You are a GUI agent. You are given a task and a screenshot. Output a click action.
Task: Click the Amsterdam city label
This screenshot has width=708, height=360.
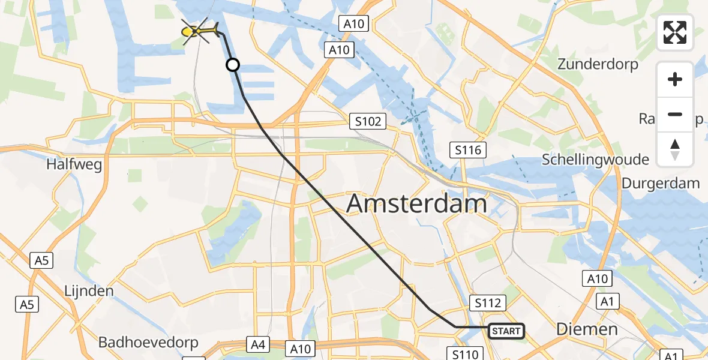click(416, 204)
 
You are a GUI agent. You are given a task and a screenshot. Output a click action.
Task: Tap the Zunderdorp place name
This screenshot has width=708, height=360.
click(598, 64)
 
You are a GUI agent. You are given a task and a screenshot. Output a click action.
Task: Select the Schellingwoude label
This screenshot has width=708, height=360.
click(595, 160)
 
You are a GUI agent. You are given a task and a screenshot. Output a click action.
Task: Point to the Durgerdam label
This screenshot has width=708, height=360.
click(661, 183)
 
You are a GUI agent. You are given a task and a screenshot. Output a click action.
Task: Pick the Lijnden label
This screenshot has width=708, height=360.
click(89, 291)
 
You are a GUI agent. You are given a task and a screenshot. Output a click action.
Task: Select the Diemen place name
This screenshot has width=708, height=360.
click(586, 329)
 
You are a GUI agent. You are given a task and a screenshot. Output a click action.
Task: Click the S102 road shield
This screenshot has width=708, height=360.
click(367, 122)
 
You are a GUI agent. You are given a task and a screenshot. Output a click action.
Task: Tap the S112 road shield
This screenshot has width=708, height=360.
click(488, 304)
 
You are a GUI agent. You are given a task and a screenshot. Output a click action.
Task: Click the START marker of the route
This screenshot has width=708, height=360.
click(506, 331)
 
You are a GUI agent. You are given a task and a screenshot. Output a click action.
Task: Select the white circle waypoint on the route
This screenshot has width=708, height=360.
click(233, 65)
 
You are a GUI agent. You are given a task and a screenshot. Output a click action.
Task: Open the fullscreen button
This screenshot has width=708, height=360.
click(675, 32)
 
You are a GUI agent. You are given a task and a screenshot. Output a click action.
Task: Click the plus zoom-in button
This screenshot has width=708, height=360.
click(675, 79)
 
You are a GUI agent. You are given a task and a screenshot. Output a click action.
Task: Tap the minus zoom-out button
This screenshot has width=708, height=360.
click(675, 114)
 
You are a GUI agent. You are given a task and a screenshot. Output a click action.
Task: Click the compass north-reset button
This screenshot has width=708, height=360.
click(675, 149)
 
